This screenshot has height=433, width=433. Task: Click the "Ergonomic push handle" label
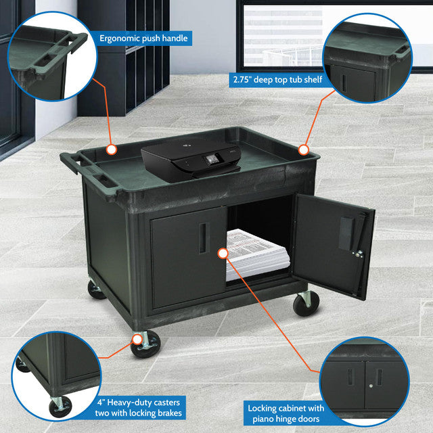tap(143, 39)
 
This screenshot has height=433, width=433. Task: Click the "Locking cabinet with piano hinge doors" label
tap(286, 413)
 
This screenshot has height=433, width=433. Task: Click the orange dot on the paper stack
tap(223, 254)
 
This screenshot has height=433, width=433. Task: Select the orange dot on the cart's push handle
tap(112, 148)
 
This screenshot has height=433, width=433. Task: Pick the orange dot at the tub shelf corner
tap(304, 149)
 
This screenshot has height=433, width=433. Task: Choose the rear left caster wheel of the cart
tap(96, 290)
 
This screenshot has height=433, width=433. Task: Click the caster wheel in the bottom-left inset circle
tap(60, 407)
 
